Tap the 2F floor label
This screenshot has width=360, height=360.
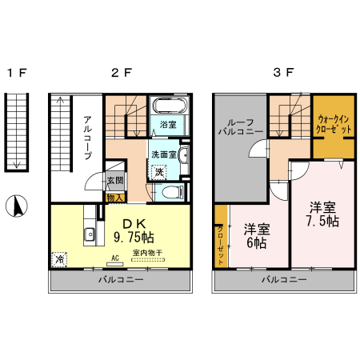click(121, 73)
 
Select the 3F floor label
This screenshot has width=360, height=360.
click(283, 73)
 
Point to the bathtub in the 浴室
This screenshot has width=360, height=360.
click(168, 106)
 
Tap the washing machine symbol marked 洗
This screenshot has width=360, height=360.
click(159, 171)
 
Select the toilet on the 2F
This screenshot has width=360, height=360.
click(170, 192)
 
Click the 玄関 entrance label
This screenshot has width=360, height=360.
click(115, 182)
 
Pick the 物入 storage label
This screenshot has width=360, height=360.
click(114, 197)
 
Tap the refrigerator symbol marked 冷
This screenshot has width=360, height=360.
click(59, 259)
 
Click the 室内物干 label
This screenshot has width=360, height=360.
click(148, 253)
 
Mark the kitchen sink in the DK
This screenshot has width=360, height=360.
click(90, 235)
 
